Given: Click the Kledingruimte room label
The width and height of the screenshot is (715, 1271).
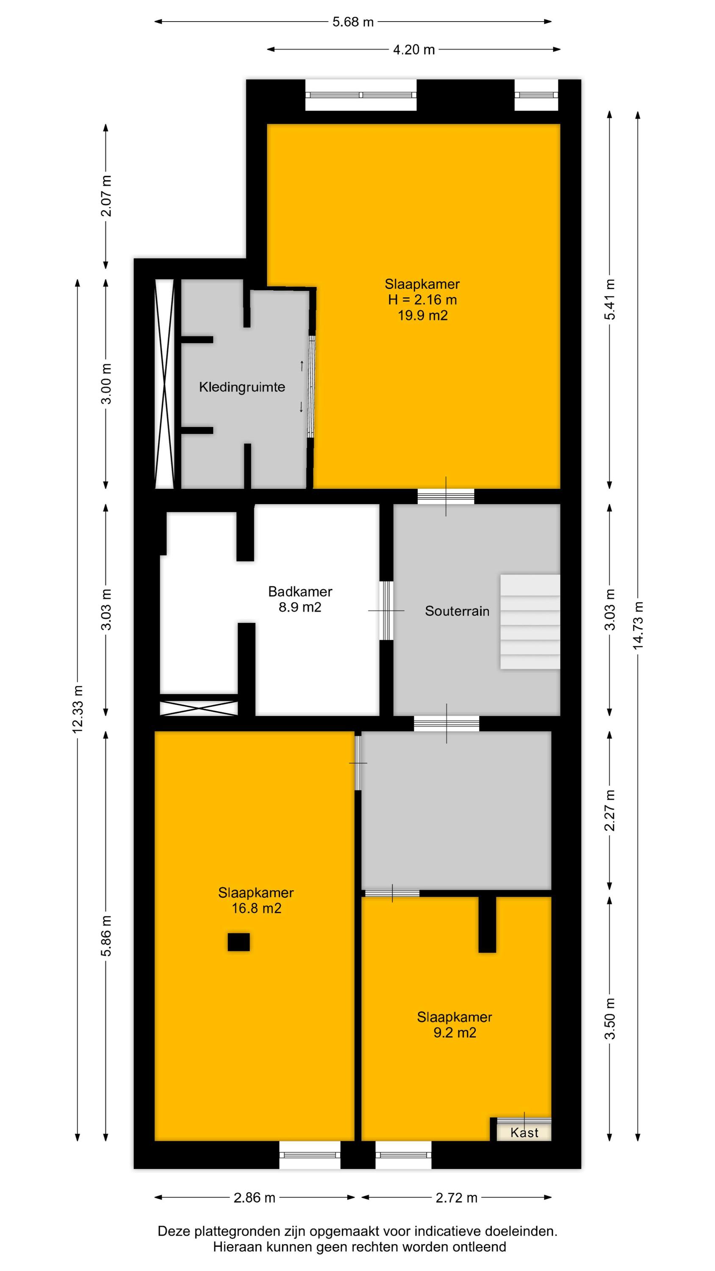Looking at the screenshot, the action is click(242, 387).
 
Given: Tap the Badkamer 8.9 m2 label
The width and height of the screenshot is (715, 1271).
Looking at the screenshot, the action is click(300, 599).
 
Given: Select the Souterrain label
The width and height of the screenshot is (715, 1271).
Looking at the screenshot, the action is click(457, 611).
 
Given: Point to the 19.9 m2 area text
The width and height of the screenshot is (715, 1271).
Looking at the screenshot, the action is click(423, 315).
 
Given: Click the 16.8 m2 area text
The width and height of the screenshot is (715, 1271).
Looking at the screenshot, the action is click(257, 908).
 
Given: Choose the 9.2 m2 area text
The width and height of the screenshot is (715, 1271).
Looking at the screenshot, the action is click(455, 1032).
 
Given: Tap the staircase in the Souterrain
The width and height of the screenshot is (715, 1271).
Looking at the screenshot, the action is click(530, 622).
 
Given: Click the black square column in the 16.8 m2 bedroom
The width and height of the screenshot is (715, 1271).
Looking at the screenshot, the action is click(238, 942).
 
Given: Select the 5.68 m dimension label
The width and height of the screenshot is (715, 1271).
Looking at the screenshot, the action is click(353, 22).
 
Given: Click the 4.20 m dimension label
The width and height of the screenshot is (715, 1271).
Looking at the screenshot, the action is click(414, 49).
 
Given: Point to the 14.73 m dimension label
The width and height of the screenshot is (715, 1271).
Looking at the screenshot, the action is click(638, 624).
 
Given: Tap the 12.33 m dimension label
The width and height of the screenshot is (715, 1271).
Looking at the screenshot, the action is click(78, 709).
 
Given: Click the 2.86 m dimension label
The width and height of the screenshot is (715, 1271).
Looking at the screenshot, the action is click(255, 1197).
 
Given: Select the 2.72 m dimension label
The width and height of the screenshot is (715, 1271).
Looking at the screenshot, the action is click(457, 1197).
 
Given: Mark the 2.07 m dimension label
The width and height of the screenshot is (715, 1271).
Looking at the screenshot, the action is click(106, 196).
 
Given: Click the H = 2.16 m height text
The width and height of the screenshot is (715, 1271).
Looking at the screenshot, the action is click(422, 300).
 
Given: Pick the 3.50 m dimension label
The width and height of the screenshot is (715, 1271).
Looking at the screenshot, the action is click(610, 1018).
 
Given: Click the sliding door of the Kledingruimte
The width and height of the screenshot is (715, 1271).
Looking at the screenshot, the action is click(311, 386).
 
